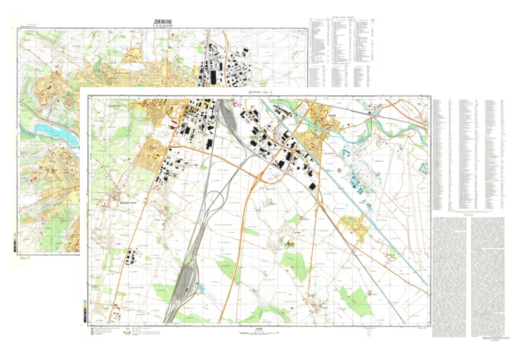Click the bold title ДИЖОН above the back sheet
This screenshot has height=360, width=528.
click(163, 22)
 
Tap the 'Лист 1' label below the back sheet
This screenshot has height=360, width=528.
click(25, 257)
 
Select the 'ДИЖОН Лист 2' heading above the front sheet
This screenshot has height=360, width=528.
click(260, 93)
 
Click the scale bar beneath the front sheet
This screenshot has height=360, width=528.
click(259, 333)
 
